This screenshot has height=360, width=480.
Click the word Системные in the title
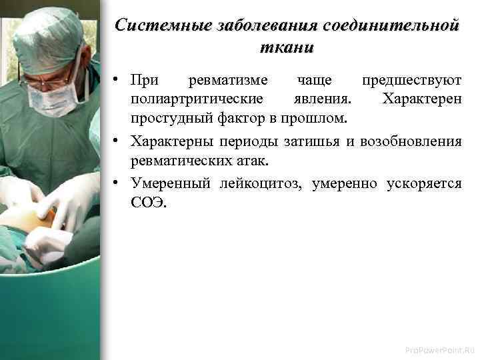[159, 27]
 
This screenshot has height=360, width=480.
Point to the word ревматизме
[228, 81]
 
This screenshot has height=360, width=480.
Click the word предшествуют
[411, 81]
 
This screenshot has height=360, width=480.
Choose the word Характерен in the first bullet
[421, 99]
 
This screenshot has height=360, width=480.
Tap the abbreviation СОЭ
[146, 202]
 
